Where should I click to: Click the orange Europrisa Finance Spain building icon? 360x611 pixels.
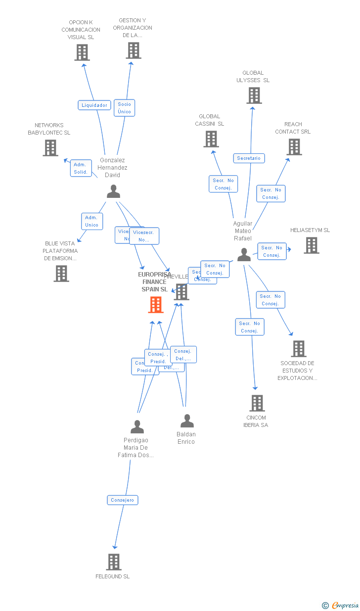pos(156,305)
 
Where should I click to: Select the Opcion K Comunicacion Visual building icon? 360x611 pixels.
pos(82,52)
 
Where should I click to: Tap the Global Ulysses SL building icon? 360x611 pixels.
pos(254,95)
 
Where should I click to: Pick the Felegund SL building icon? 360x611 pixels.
pos(114,562)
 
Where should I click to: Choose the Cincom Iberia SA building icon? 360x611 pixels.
pos(257,403)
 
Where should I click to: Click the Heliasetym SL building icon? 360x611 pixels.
pos(311,245)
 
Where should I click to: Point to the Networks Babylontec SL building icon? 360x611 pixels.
pos(50,148)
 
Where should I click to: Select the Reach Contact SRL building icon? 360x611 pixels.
pos(294,147)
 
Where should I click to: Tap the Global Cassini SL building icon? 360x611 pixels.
pos(211,139)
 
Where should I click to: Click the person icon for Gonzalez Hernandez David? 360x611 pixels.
pos(114,191)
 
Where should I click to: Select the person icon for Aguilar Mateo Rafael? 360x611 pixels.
pos(244,254)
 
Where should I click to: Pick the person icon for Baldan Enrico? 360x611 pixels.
pos(187,421)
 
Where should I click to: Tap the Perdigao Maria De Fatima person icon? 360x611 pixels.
pos(137,426)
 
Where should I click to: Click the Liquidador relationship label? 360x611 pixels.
pos(94,105)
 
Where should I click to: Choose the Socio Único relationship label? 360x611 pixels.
pos(124,108)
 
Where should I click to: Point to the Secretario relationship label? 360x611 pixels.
pos(249,158)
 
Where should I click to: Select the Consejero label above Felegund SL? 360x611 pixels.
pos(123,500)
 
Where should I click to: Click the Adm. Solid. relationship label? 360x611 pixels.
pos(81,168)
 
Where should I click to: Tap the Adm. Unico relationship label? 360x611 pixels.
pos(91,221)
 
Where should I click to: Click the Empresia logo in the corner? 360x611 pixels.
pos(341,605)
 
